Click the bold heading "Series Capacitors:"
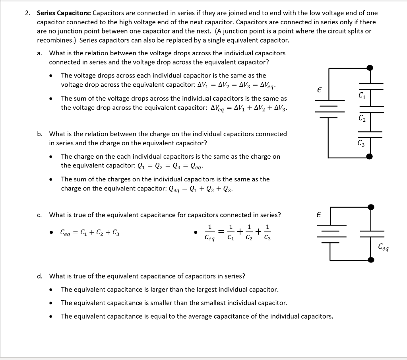[64, 13]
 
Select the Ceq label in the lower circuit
[384, 247]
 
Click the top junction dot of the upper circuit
[370, 68]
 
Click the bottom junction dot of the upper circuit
[370, 156]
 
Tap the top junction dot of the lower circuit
[370, 207]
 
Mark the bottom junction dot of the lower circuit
[370, 260]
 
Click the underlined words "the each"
[118, 157]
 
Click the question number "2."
[27, 13]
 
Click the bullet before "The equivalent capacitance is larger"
[51, 290]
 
